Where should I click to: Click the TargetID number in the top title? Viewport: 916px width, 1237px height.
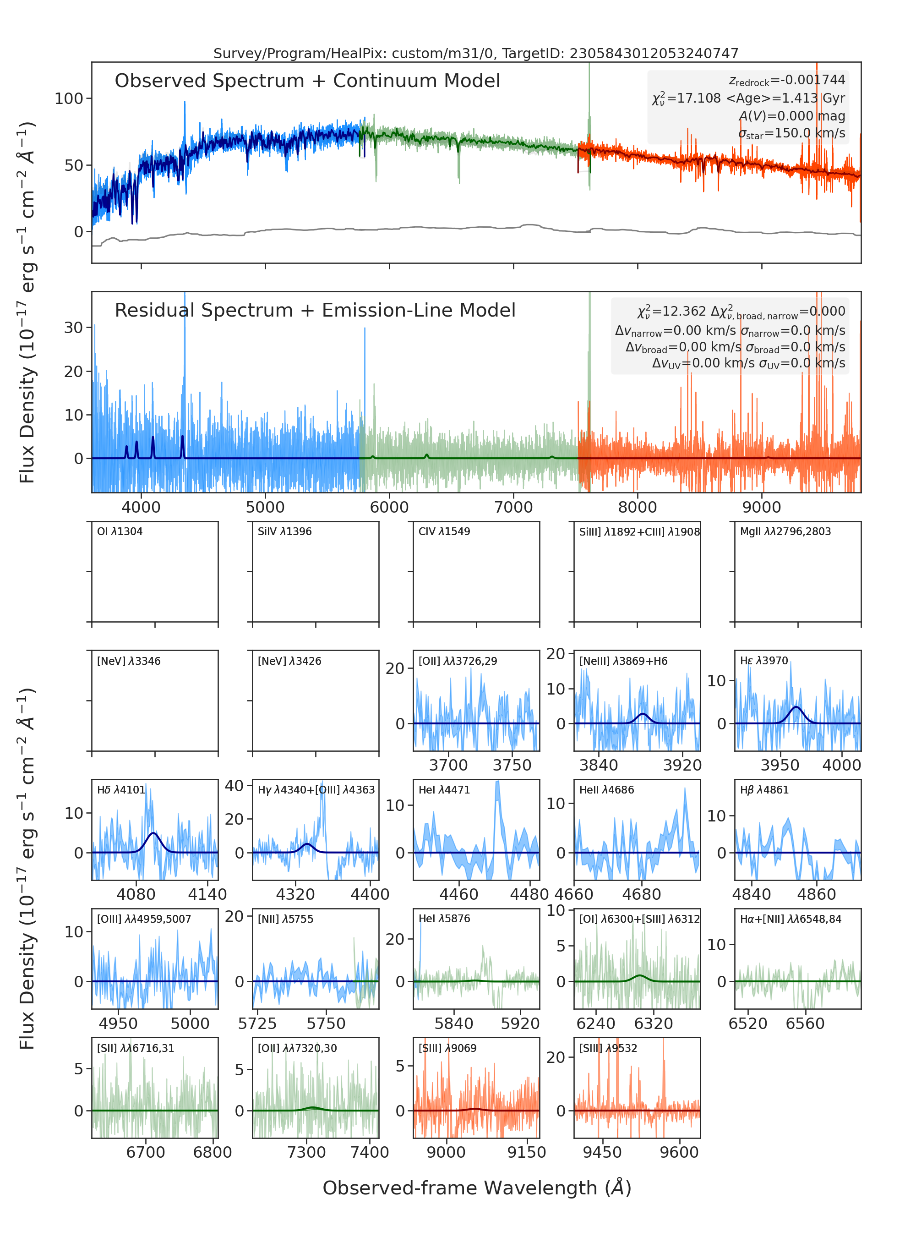click(x=654, y=53)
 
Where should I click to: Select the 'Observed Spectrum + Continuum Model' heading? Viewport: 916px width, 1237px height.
click(x=307, y=81)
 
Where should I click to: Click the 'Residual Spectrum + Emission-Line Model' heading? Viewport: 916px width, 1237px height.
click(x=315, y=310)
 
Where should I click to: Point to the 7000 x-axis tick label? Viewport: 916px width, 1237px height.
click(x=513, y=507)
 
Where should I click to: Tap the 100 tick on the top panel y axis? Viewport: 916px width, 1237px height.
click(x=69, y=99)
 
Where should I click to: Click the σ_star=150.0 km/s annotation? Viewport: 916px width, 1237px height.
click(x=792, y=133)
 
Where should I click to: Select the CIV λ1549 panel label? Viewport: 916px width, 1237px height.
click(x=444, y=531)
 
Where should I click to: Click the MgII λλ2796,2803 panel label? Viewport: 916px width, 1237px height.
click(x=785, y=531)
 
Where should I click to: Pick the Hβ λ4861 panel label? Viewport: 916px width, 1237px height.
click(x=764, y=790)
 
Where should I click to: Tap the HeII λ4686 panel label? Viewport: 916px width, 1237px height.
click(x=606, y=790)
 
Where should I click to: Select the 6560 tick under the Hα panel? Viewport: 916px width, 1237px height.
click(x=805, y=1024)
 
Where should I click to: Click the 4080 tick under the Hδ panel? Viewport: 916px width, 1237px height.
click(x=136, y=894)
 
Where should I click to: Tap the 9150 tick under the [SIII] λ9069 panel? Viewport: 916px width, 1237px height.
click(x=527, y=1152)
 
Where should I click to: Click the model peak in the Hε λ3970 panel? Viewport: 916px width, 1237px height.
click(x=796, y=707)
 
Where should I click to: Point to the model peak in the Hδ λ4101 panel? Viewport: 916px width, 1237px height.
click(x=153, y=833)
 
